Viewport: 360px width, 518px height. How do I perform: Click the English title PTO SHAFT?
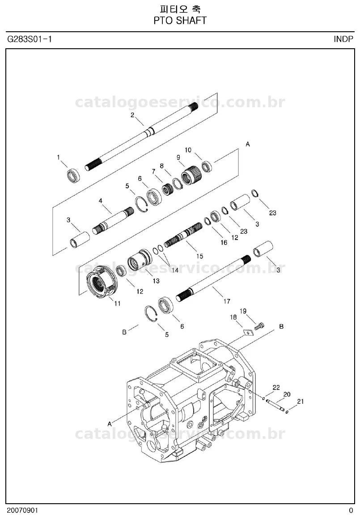[180, 21]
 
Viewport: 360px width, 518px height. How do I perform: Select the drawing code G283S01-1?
[30, 39]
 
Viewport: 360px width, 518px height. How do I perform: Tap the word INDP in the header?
[343, 39]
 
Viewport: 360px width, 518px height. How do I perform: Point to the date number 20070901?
[22, 510]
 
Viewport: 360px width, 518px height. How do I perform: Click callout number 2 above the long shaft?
[132, 115]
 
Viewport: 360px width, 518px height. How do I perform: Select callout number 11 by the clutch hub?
[117, 303]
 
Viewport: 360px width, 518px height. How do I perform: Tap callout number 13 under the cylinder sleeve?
[156, 281]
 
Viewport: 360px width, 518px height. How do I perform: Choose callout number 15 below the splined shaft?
[199, 256]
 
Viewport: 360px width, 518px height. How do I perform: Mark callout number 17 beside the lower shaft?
[227, 301]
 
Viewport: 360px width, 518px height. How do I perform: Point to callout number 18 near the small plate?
[233, 317]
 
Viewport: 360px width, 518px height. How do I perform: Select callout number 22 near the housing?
[276, 387]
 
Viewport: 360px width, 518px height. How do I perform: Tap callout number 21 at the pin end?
[300, 401]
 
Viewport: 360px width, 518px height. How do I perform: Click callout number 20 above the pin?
[287, 394]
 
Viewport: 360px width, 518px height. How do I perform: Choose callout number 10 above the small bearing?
[188, 150]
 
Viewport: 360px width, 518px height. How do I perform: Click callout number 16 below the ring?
[224, 243]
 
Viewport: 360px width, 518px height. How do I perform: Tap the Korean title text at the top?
[180, 9]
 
